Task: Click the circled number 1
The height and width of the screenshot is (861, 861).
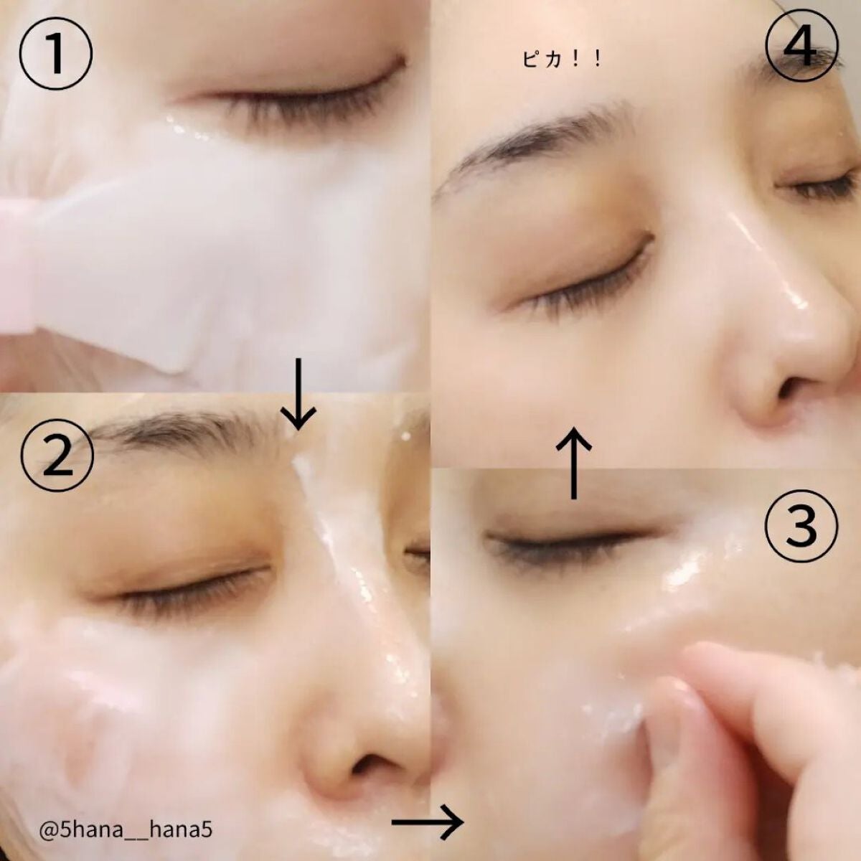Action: [55, 55]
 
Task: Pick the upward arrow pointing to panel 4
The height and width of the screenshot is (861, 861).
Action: [574, 463]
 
